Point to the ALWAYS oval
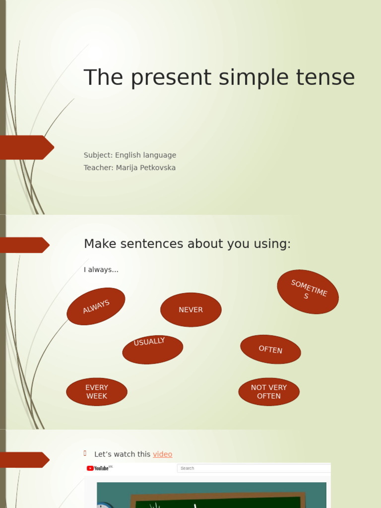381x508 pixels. [96, 307]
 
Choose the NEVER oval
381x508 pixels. [191, 310]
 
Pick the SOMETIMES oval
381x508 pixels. [308, 292]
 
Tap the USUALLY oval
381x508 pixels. [152, 349]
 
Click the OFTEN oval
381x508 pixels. [270, 349]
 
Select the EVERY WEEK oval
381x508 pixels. [97, 392]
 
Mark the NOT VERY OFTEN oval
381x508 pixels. [269, 392]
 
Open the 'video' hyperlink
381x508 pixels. [163, 454]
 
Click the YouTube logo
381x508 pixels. [98, 468]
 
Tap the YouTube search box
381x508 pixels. [253, 468]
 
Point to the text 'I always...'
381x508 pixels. [101, 270]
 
